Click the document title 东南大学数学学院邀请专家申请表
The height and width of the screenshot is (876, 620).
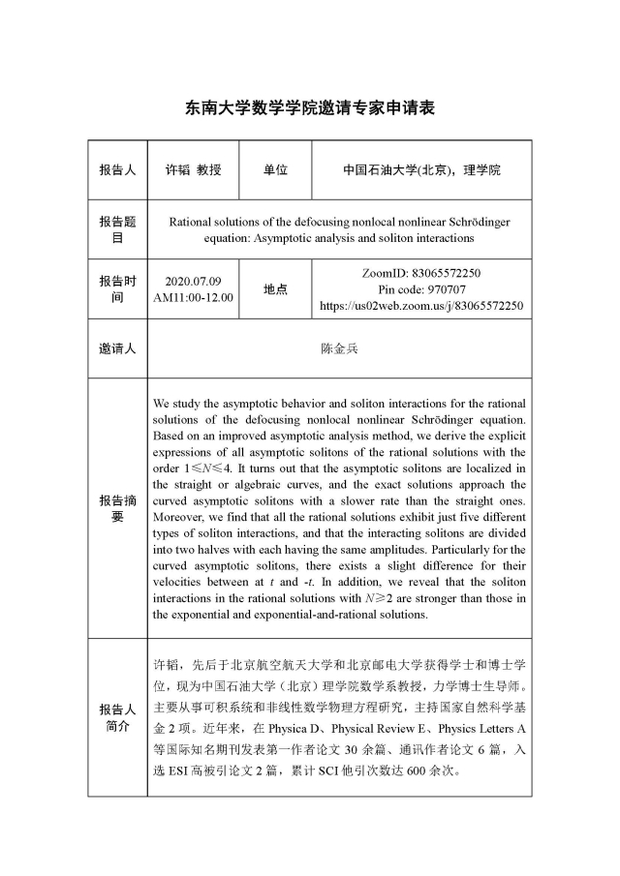coord(310,108)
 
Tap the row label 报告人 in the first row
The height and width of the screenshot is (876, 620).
coord(117,169)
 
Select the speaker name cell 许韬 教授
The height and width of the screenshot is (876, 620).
coord(193,169)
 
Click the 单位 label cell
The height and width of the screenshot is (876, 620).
coord(275,169)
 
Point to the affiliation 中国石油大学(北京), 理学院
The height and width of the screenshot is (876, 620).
coord(421,169)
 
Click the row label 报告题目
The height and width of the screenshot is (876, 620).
coord(117,229)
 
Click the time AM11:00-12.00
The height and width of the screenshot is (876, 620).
coord(193,297)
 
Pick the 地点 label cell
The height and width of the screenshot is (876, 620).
coord(275,288)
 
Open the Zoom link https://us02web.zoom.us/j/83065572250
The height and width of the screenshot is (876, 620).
coord(421,306)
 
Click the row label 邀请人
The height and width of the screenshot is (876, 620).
coord(117,348)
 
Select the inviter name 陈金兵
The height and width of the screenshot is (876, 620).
coord(338,348)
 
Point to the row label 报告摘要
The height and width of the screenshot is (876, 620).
coord(117,508)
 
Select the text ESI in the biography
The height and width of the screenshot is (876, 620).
coord(188,771)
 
